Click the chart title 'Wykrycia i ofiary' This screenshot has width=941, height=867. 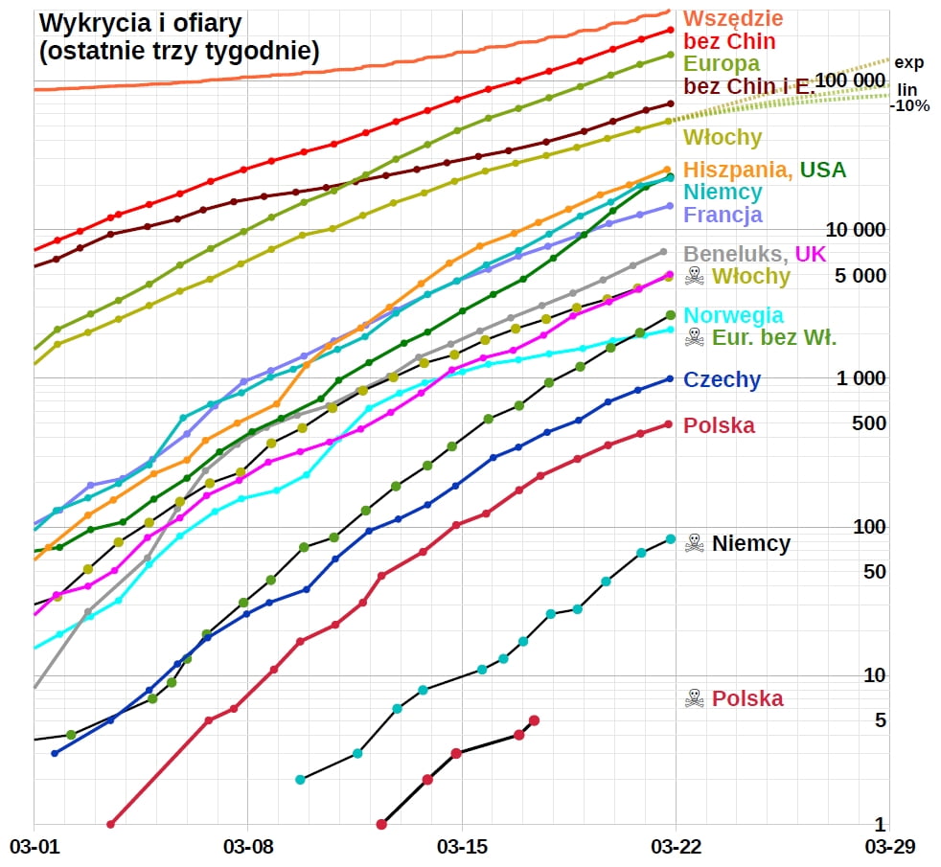point(140,22)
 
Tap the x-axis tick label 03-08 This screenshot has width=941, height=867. point(248,847)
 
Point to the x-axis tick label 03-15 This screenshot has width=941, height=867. point(462,847)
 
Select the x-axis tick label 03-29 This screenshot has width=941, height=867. point(890,847)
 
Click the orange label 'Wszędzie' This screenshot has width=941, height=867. point(733,18)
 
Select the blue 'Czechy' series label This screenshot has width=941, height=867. point(722,379)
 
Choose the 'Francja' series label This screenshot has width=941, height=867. point(723,215)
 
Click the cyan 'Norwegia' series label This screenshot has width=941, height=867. point(733,315)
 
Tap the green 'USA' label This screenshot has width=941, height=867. point(823,171)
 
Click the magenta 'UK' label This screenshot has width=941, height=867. point(811,254)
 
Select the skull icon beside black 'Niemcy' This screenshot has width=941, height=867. point(694,543)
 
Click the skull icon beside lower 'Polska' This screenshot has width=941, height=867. point(694,698)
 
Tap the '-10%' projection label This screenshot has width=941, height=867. point(909,106)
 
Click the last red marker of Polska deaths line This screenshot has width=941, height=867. point(534,720)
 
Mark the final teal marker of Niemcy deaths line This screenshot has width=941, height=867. point(671,539)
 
